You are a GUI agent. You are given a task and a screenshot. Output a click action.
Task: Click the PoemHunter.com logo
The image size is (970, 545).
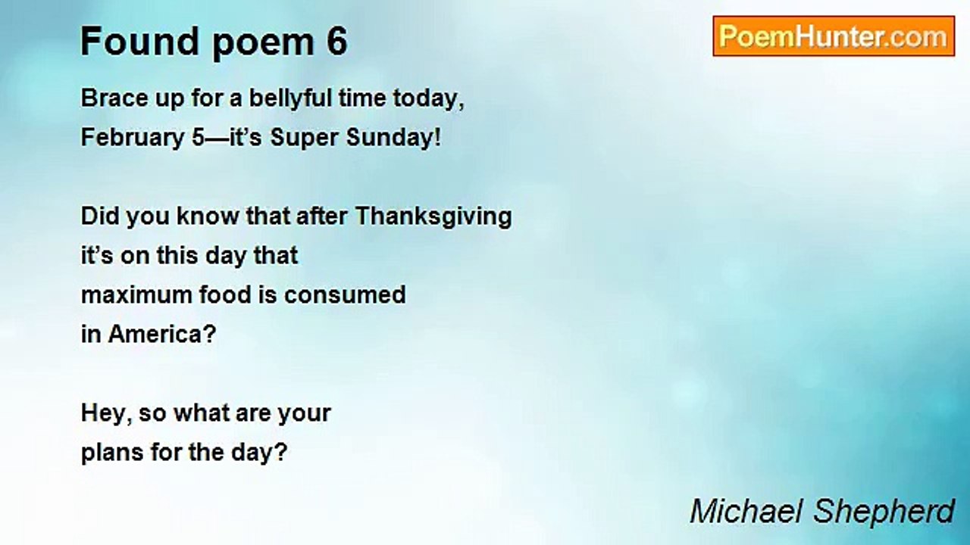click(833, 36)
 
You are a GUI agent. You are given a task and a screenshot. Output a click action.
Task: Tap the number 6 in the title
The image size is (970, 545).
click(337, 42)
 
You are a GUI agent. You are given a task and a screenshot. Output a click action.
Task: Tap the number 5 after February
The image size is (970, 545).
click(198, 139)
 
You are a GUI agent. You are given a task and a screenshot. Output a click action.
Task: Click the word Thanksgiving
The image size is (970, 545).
click(433, 216)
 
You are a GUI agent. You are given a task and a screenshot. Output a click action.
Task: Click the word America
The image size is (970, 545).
click(162, 334)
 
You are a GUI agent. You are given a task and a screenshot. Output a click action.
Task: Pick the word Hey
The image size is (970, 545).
click(103, 413)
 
